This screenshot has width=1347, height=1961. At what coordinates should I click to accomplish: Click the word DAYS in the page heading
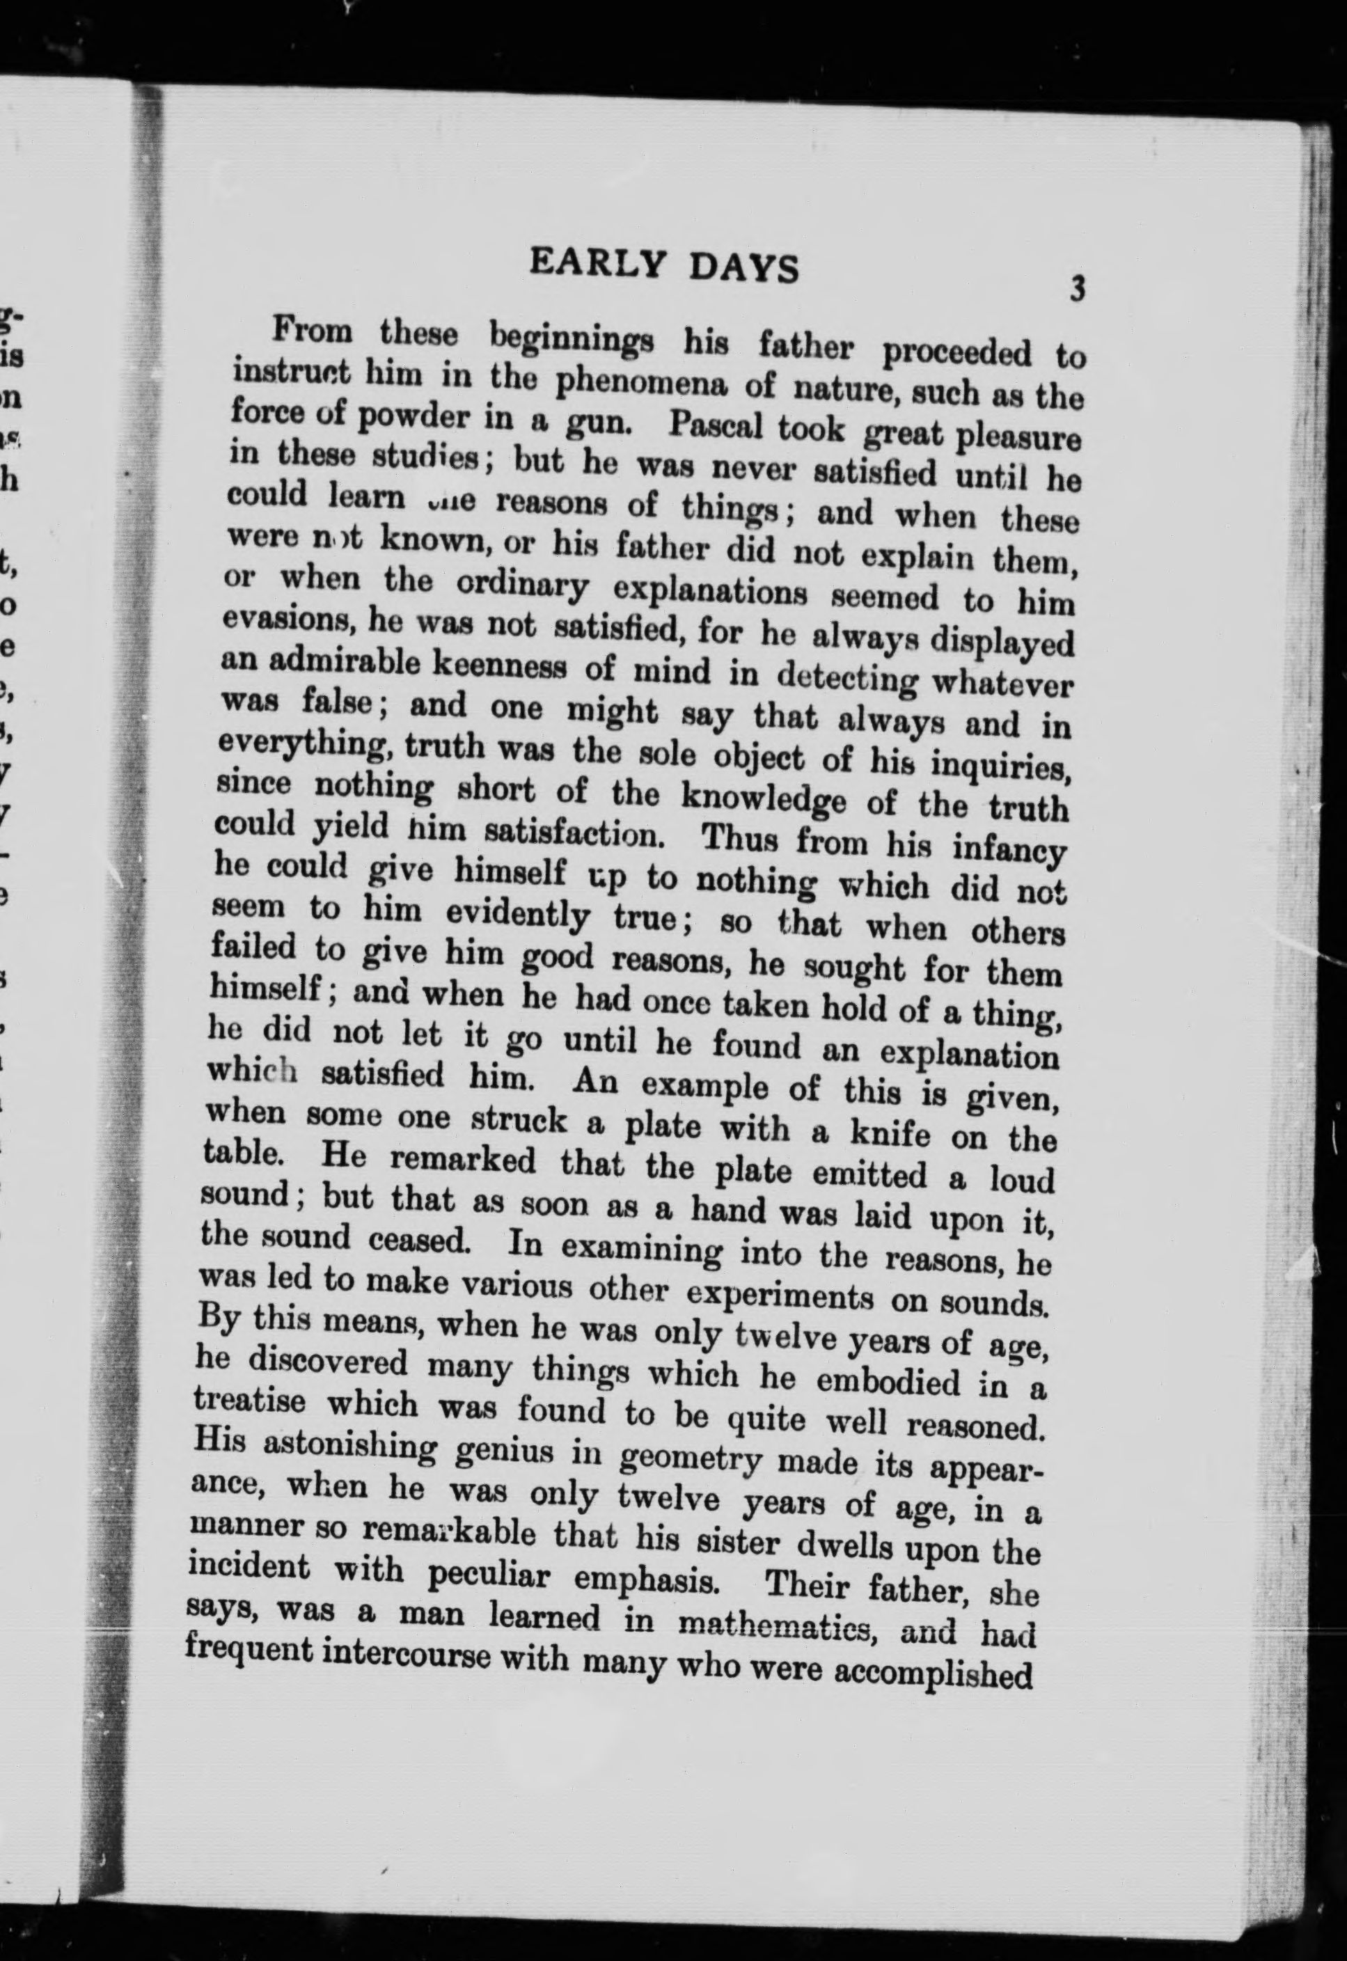[743, 267]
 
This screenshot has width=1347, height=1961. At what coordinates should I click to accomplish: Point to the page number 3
[1077, 289]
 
